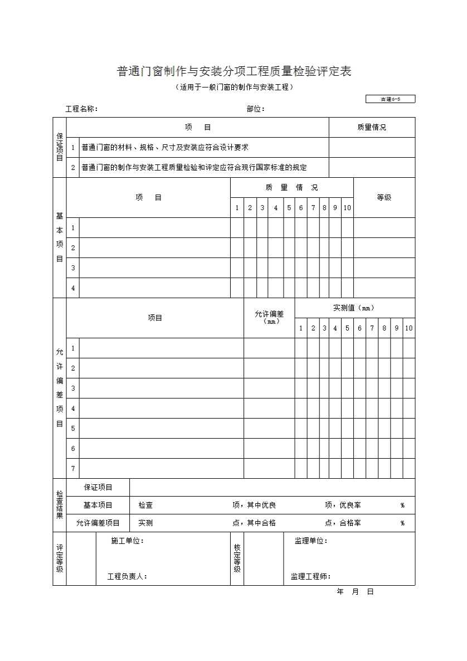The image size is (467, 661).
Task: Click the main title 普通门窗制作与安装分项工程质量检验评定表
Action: coord(233,72)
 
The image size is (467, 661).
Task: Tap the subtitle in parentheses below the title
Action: coord(233,88)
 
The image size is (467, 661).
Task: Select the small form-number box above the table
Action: coord(390,99)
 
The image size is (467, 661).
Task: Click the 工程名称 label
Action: coord(81,109)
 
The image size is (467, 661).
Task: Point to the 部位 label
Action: coord(255,109)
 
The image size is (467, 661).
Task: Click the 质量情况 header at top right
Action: coord(372,128)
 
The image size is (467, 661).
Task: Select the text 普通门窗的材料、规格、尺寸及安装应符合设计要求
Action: coord(164,148)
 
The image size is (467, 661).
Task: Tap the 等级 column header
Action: coord(384,197)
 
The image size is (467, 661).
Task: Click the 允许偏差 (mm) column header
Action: coord(269,317)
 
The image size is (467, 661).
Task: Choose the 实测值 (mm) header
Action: coord(354,308)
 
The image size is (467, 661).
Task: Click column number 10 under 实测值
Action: coord(408,328)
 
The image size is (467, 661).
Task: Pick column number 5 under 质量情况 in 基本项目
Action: coord(289,208)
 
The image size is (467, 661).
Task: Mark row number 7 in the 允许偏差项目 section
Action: coord(73,469)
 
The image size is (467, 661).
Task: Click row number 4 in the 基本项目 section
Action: coord(73,288)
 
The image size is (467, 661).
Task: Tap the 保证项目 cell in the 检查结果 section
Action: coord(98,488)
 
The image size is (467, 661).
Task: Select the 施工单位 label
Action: coord(128,541)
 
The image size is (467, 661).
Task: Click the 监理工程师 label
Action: coord(310,577)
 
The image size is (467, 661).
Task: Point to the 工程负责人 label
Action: coord(127,577)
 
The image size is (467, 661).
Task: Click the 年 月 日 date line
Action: coord(355,592)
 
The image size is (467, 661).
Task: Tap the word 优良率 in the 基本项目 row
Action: coord(350,506)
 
